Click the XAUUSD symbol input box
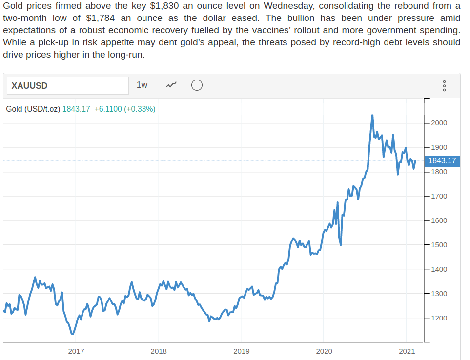click(x=67, y=85)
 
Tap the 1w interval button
click(x=142, y=85)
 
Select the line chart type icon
click(x=171, y=85)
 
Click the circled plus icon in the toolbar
click(x=197, y=85)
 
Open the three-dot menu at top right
click(x=444, y=86)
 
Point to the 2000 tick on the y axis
click(x=438, y=123)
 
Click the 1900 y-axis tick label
click(x=438, y=147)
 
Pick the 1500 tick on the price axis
click(x=438, y=245)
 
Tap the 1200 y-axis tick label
click(x=438, y=318)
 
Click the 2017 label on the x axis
click(x=76, y=351)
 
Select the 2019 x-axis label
click(x=241, y=351)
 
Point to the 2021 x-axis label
click(x=407, y=351)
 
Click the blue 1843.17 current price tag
click(x=442, y=160)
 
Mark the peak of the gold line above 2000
click(x=372, y=115)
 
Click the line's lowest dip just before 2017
click(x=72, y=334)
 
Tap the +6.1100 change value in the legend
click(x=108, y=109)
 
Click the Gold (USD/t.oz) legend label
click(x=33, y=109)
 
